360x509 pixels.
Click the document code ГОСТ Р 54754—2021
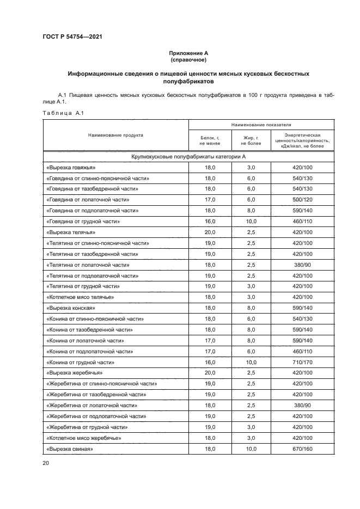tap(72, 37)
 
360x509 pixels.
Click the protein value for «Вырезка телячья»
tap(210, 232)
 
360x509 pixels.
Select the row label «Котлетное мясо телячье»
tap(81, 297)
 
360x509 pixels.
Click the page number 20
tap(46, 463)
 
